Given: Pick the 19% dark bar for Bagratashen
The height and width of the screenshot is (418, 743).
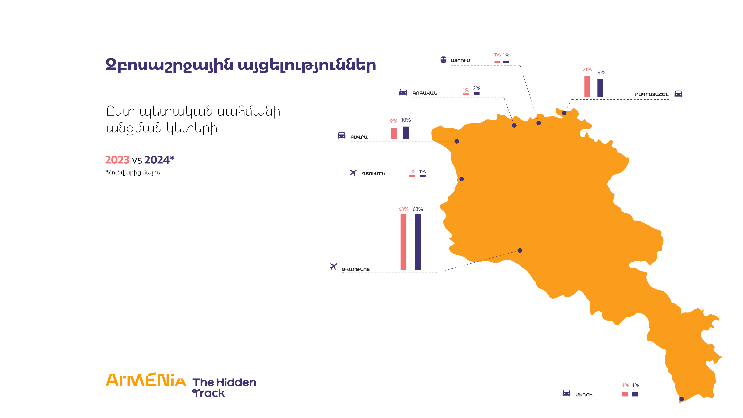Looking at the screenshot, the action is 600,88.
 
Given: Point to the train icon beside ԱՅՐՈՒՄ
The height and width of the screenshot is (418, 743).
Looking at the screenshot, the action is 443,60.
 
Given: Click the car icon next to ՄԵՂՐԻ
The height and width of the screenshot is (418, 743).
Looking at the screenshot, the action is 566,393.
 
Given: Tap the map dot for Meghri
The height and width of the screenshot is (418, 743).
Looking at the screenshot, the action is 682,399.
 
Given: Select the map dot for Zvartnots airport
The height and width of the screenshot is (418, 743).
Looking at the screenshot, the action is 520,250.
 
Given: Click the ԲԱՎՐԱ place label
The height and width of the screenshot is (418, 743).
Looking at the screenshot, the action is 359,137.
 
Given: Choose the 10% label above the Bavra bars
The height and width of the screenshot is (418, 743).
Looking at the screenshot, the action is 406,120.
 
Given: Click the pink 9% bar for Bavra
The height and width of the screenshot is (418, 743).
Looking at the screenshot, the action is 393,133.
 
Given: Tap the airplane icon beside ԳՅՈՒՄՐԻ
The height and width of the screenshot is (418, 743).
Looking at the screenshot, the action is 353,173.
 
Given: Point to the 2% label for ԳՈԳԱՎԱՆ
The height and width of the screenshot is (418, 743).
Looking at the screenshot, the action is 476,88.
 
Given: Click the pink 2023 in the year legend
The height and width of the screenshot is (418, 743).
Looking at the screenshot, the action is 117,160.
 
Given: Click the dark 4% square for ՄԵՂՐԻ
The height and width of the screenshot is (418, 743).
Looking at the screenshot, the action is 635,394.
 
